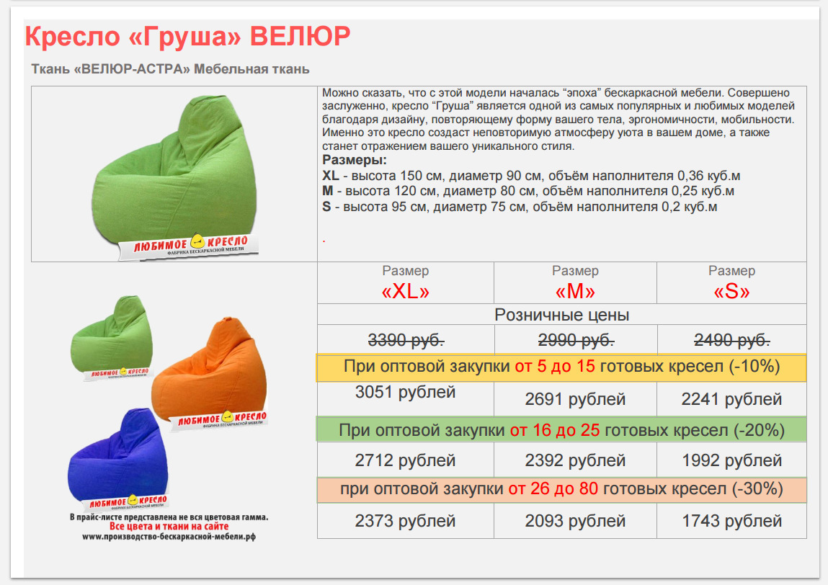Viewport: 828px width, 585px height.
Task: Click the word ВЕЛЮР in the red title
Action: [300, 37]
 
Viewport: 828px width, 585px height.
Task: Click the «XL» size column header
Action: [406, 291]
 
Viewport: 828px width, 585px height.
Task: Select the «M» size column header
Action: [575, 291]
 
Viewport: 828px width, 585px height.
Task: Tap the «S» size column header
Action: [731, 291]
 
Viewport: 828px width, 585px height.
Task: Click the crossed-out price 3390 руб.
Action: [406, 340]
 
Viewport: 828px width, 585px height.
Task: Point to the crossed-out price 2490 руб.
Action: [732, 340]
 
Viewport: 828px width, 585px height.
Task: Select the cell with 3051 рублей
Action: [406, 393]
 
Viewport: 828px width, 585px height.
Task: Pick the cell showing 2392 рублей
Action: [575, 460]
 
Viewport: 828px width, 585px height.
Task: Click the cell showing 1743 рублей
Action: [732, 521]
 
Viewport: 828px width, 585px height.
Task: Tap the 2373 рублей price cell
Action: [406, 521]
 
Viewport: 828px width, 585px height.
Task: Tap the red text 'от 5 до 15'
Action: [555, 367]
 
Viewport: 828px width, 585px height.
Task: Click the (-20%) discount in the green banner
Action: [759, 430]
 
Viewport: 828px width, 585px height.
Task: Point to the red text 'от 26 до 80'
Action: [553, 489]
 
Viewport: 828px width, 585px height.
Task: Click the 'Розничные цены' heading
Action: [562, 316]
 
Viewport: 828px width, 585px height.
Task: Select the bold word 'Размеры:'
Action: [355, 160]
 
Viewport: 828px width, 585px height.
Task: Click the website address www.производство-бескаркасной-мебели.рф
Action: [169, 537]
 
